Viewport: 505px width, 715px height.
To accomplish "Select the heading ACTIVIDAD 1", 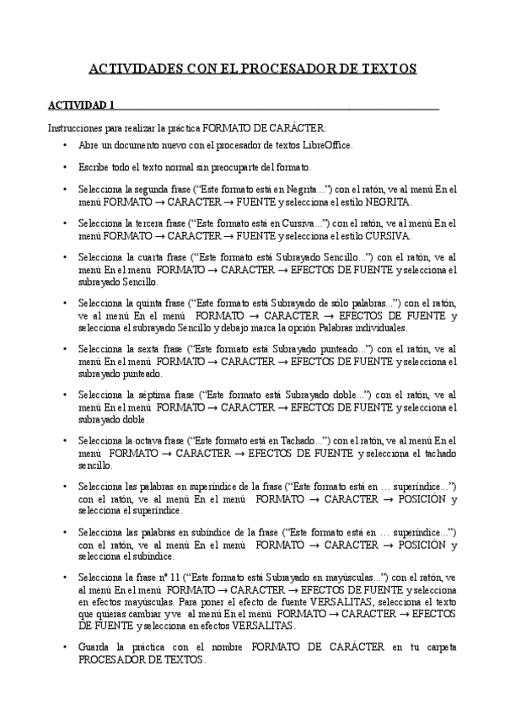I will point(81,105).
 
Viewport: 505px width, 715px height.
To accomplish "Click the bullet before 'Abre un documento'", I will point(65,145).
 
